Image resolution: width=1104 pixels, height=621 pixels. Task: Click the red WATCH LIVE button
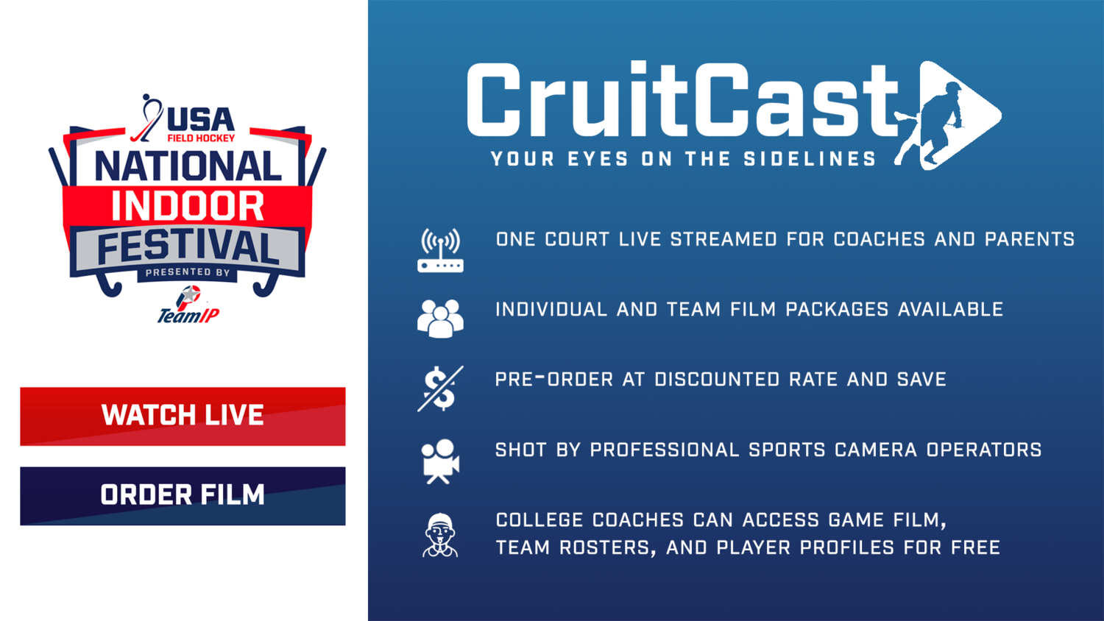tap(183, 416)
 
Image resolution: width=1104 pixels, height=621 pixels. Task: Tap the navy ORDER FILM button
tap(183, 496)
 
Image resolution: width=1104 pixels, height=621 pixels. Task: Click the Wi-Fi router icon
tap(440, 250)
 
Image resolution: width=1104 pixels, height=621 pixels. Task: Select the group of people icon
tap(440, 319)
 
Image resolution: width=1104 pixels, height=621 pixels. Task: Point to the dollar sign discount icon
tap(440, 388)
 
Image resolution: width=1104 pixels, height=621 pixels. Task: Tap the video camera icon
tap(440, 461)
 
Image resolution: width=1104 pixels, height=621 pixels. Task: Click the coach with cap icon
tap(440, 535)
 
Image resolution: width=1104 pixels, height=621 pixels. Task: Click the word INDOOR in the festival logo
tap(188, 206)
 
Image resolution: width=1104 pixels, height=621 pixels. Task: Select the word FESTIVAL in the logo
tap(188, 248)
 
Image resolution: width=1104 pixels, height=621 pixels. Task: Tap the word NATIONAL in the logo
tap(188, 166)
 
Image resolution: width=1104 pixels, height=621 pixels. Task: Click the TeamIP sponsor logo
tap(188, 305)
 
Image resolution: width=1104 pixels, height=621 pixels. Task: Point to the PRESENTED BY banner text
tap(188, 272)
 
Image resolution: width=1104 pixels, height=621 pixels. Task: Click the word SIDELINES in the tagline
tap(810, 159)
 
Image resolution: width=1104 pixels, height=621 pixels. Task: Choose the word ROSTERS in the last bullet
tap(605, 548)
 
